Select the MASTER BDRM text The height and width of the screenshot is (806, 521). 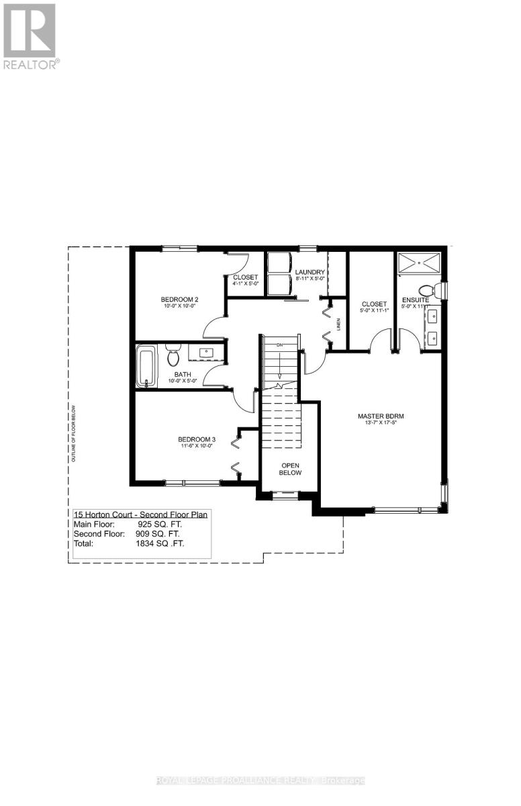(381, 416)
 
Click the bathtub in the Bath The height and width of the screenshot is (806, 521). (146, 366)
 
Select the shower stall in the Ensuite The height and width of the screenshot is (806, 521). (419, 263)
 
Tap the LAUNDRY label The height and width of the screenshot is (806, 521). (310, 272)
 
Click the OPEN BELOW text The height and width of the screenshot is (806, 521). (291, 468)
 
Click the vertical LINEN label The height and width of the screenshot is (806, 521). (339, 324)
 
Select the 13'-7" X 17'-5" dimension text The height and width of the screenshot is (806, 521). (381, 424)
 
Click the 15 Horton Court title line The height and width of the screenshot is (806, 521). (140, 514)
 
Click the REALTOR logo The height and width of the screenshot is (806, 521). (31, 36)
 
